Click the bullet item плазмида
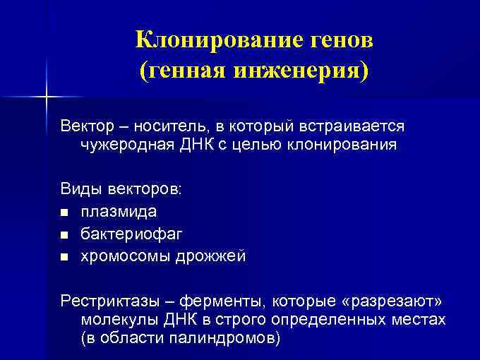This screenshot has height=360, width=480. (119, 211)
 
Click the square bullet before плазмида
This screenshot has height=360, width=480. (65, 212)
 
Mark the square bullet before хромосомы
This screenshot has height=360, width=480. (65, 256)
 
